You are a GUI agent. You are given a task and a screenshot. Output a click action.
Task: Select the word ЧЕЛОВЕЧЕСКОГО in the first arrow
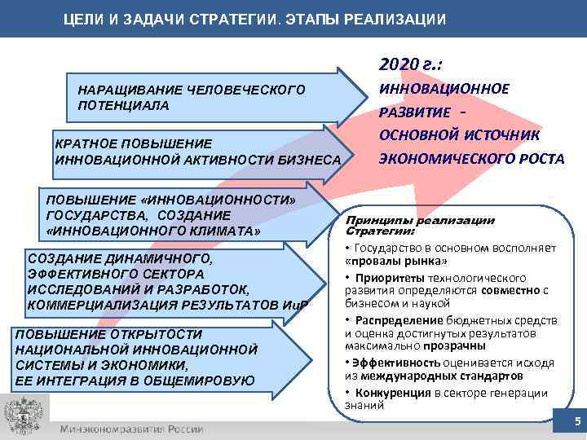pos(247,90)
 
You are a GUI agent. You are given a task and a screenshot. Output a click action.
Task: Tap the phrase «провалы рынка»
pos(395,262)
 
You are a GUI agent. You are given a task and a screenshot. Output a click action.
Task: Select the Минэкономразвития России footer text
pos(131,429)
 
